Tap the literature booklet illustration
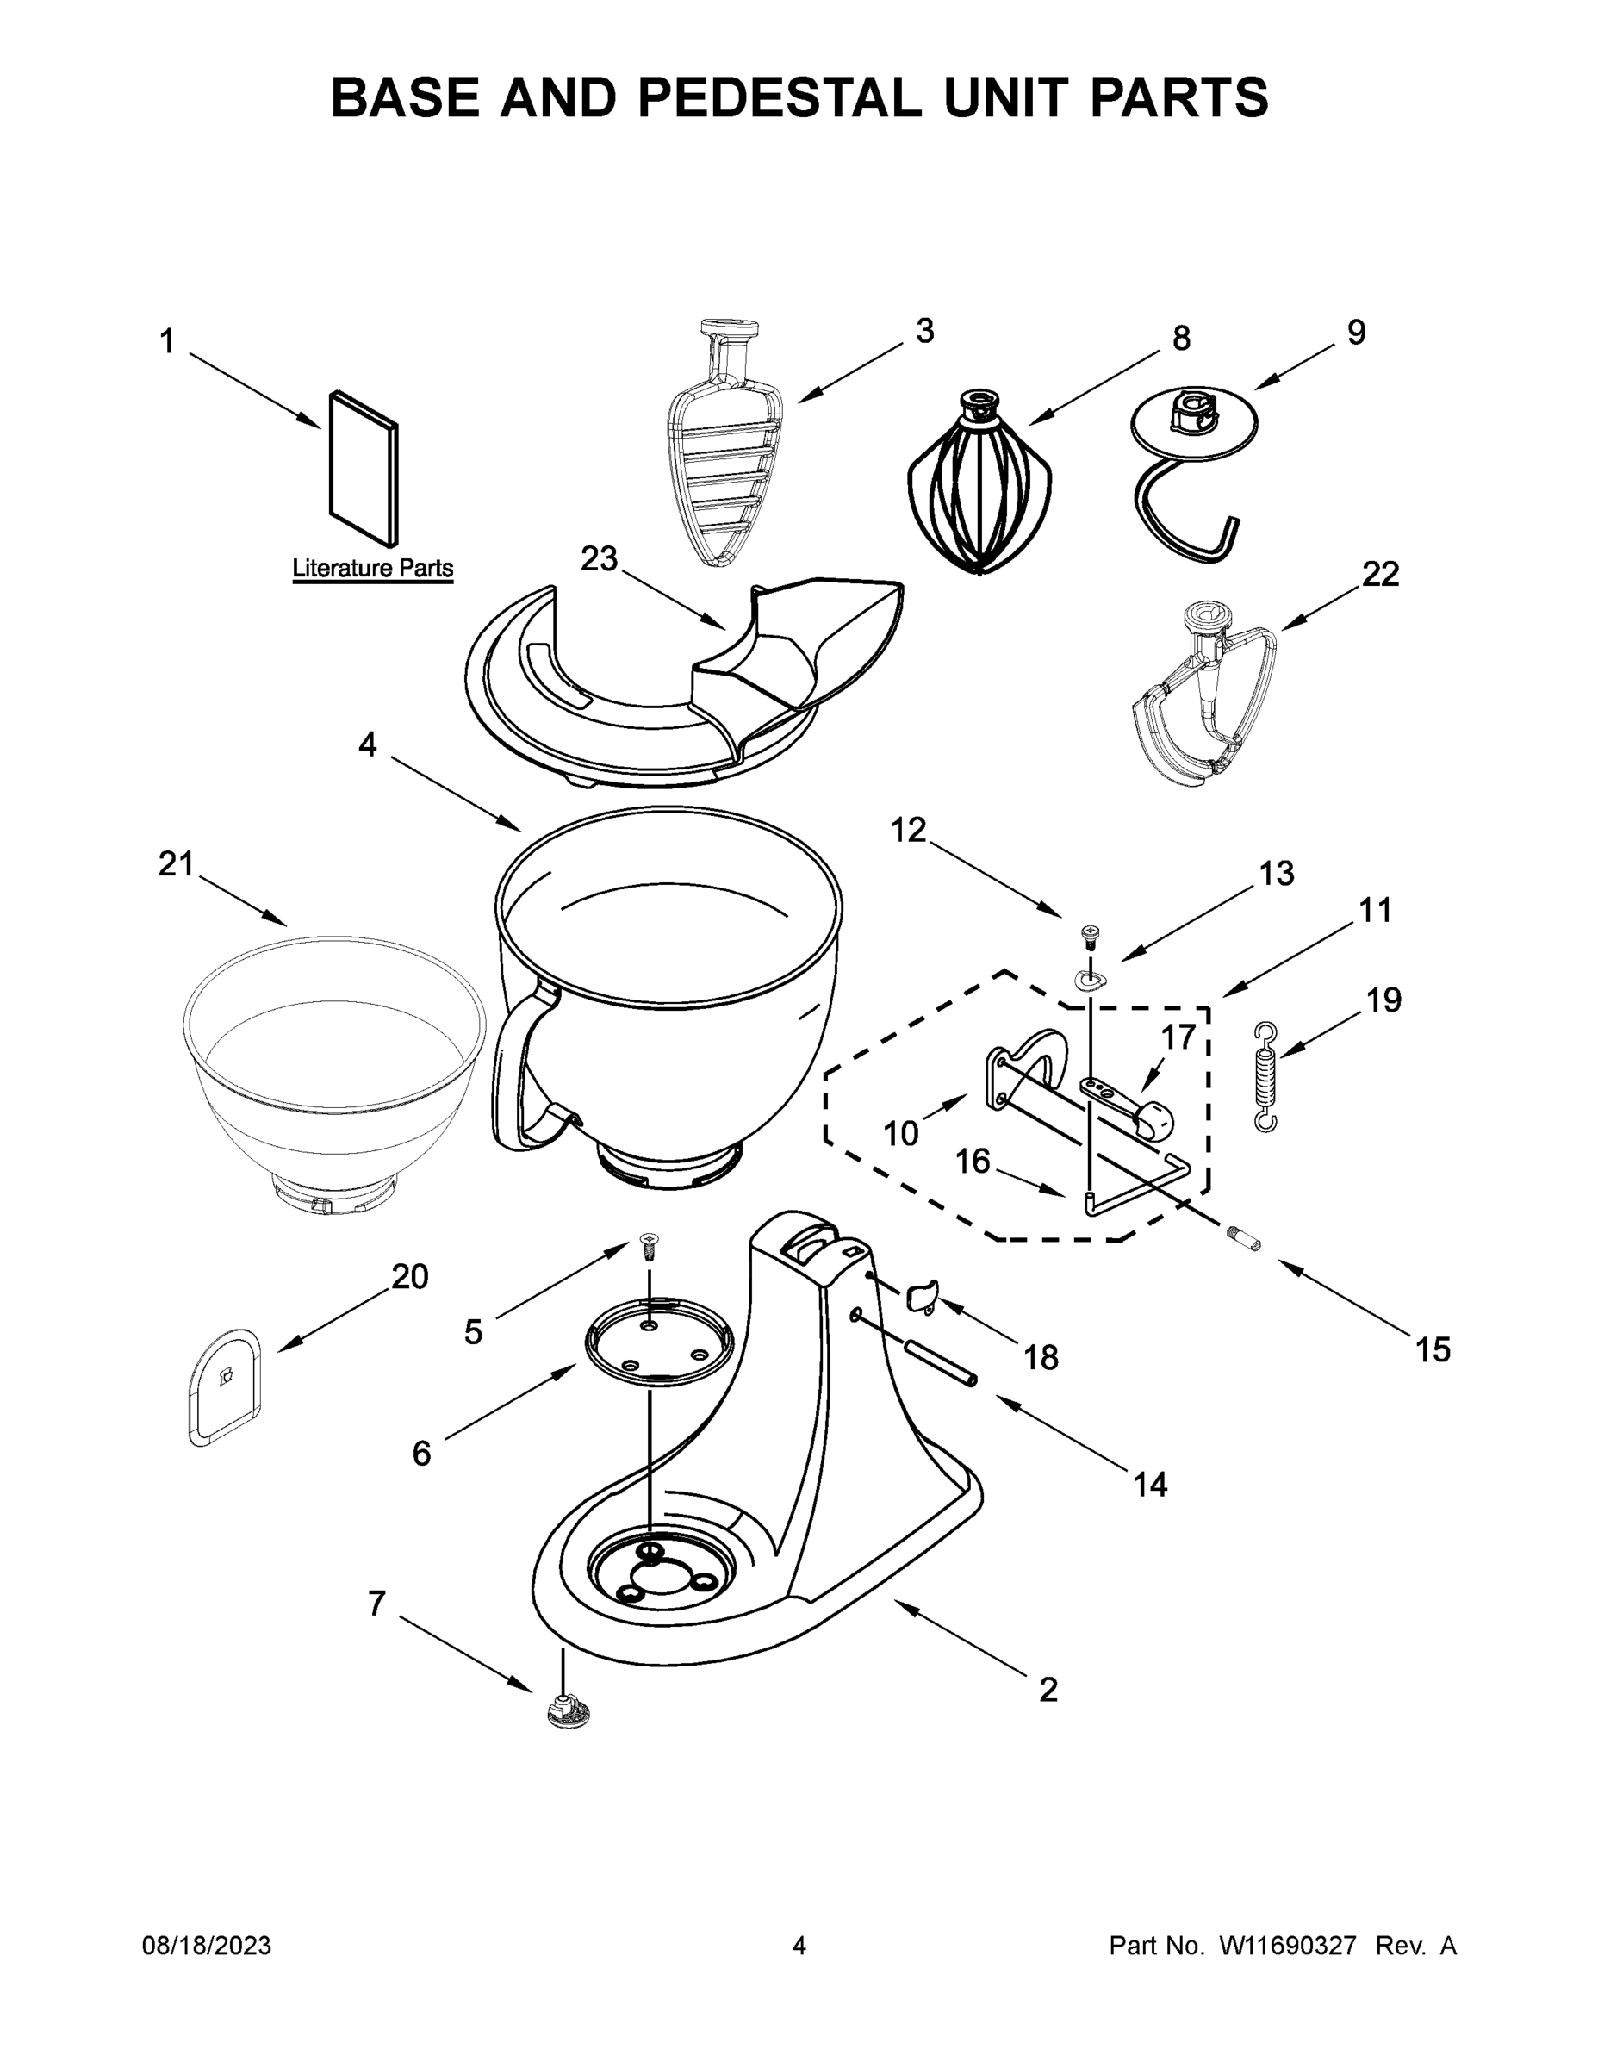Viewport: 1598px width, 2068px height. (364, 469)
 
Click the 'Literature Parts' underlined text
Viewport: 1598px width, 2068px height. (372, 569)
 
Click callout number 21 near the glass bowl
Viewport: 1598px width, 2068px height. (176, 863)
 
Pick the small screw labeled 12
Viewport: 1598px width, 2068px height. (1090, 937)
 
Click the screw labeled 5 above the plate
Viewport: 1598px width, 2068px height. (650, 1246)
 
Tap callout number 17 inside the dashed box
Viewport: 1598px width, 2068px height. (1178, 1037)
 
